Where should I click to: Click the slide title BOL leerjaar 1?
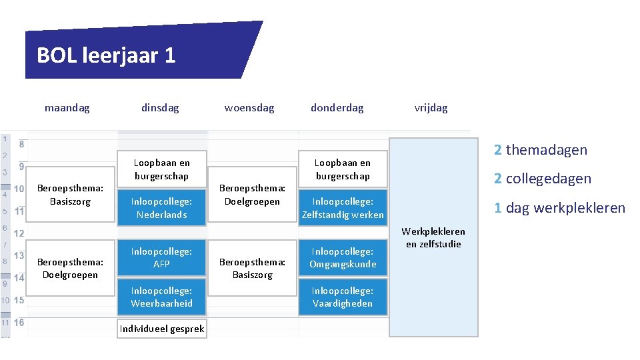[106, 55]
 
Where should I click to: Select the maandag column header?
[67, 107]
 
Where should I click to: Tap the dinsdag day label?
[160, 107]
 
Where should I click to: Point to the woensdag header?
[249, 107]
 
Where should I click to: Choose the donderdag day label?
[337, 107]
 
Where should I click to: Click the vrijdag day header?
[431, 107]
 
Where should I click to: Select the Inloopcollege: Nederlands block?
[162, 208]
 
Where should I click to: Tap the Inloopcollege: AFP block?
[162, 257]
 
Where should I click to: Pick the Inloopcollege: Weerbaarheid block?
[162, 297]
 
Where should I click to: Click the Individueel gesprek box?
[162, 329]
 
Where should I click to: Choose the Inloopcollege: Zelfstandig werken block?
[343, 208]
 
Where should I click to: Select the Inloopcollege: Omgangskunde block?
[343, 257]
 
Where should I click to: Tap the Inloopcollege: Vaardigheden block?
[343, 297]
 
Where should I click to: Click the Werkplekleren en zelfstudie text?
[433, 238]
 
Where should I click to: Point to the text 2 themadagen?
[541, 150]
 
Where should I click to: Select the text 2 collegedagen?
[542, 179]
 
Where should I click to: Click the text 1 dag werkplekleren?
[559, 208]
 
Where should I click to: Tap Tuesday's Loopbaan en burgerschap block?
[162, 169]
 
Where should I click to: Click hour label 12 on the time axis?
[19, 233]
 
